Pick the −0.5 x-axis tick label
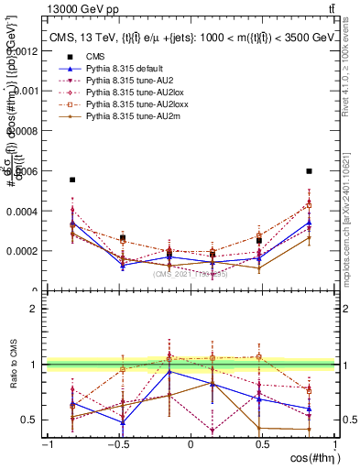tap(117, 444)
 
